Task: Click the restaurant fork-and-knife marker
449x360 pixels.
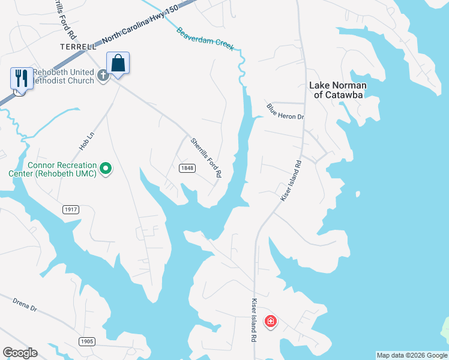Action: click(22, 78)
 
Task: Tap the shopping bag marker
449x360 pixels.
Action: click(118, 63)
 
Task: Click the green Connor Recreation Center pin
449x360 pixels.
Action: click(106, 169)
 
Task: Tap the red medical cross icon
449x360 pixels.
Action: click(270, 321)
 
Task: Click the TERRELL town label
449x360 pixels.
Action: click(78, 46)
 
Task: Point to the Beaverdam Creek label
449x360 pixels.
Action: click(205, 39)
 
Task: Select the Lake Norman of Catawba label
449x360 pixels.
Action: click(337, 90)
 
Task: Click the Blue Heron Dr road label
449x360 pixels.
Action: click(286, 112)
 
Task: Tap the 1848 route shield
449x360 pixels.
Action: click(187, 168)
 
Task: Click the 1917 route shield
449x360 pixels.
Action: click(71, 209)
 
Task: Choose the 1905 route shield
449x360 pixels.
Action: click(86, 341)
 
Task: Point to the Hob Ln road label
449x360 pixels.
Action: click(87, 142)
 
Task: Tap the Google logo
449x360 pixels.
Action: click(20, 353)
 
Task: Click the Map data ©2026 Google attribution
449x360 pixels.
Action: click(412, 355)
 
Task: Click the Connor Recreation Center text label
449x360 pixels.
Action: click(61, 169)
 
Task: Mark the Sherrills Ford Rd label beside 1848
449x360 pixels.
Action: click(206, 158)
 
